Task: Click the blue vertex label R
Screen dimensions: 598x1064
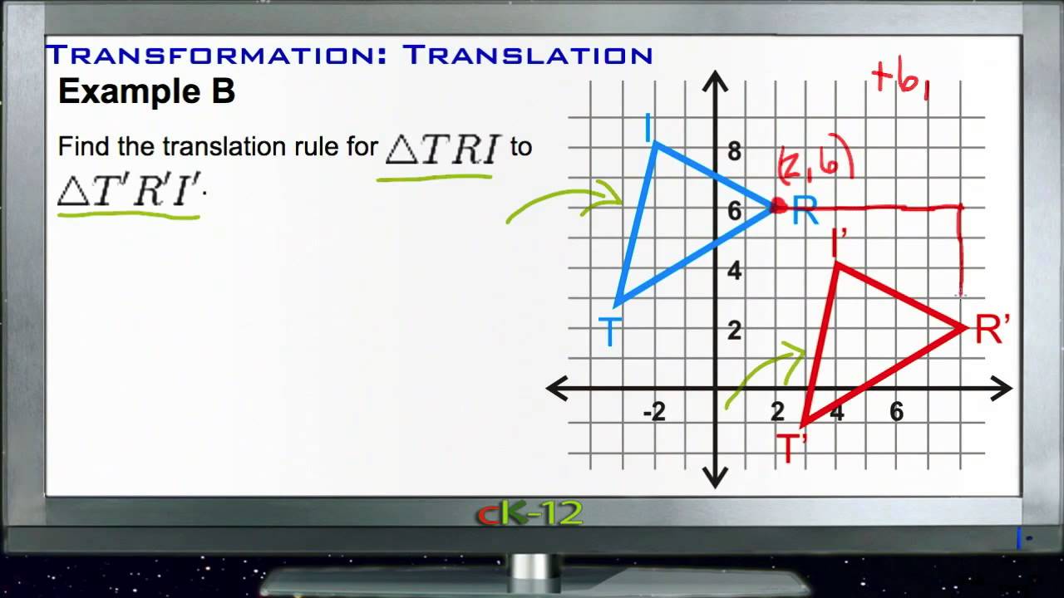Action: click(x=805, y=212)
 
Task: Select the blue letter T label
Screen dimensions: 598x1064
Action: click(x=610, y=333)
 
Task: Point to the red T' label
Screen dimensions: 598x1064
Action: click(x=792, y=448)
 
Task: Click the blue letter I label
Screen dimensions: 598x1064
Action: click(x=648, y=130)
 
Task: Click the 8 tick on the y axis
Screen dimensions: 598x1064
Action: click(x=734, y=151)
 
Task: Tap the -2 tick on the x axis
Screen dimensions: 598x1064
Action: click(x=654, y=412)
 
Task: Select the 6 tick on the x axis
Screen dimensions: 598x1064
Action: click(x=896, y=412)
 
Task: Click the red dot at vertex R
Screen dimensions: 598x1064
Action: click(x=778, y=206)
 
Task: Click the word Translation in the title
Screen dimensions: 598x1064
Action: click(x=528, y=55)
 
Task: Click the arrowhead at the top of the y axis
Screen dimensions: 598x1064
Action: click(x=715, y=80)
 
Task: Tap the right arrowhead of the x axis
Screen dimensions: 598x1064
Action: click(x=1003, y=388)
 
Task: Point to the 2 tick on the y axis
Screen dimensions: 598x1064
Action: click(x=734, y=331)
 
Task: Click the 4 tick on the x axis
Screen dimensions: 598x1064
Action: click(x=836, y=412)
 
